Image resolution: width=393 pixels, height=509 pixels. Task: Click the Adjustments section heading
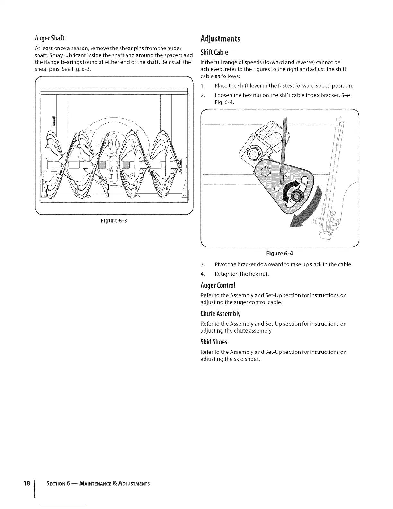(x=220, y=39)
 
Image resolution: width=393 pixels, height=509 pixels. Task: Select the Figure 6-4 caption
(x=279, y=253)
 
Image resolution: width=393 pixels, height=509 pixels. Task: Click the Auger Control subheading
(x=218, y=285)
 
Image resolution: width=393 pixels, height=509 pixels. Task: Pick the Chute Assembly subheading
(x=220, y=314)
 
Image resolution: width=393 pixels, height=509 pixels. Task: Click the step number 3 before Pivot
(x=202, y=265)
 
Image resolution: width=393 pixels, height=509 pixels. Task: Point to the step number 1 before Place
(x=202, y=86)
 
